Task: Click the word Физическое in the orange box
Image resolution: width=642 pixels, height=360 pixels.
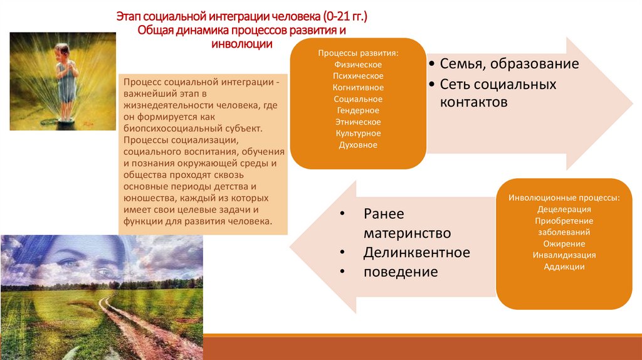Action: click(x=358, y=65)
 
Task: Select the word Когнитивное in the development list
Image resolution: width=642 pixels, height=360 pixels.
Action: click(x=358, y=88)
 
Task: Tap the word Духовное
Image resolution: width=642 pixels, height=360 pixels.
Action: click(x=358, y=145)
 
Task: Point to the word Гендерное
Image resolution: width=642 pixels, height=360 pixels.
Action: click(x=358, y=110)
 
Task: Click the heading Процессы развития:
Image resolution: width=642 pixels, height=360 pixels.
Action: click(x=358, y=53)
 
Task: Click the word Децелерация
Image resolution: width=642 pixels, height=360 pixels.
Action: click(x=564, y=209)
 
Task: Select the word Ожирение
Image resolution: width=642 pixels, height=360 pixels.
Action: click(x=564, y=243)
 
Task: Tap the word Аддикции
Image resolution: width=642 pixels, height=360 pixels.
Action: click(x=564, y=267)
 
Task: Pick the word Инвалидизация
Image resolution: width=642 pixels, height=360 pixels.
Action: click(x=564, y=255)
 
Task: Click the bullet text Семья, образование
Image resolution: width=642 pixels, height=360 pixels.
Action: click(x=509, y=64)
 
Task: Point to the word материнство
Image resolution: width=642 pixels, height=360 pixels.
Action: click(x=407, y=233)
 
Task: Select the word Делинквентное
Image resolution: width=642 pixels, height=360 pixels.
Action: click(x=416, y=253)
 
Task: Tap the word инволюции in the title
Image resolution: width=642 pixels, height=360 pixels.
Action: click(x=241, y=44)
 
